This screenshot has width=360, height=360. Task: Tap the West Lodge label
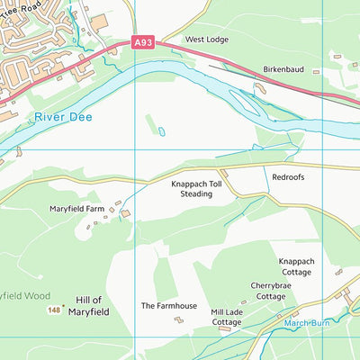[x=206, y=40]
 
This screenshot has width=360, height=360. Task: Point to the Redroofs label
[x=288, y=177]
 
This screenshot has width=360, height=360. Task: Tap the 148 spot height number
[x=53, y=310]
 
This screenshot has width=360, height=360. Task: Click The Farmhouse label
[x=168, y=306]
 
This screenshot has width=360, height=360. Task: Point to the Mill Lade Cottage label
[x=226, y=317]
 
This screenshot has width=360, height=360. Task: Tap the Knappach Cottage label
[x=295, y=266]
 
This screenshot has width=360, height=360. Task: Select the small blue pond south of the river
[x=162, y=131]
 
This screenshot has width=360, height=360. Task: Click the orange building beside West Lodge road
[x=98, y=20]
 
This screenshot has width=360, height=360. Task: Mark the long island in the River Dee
[x=247, y=103]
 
